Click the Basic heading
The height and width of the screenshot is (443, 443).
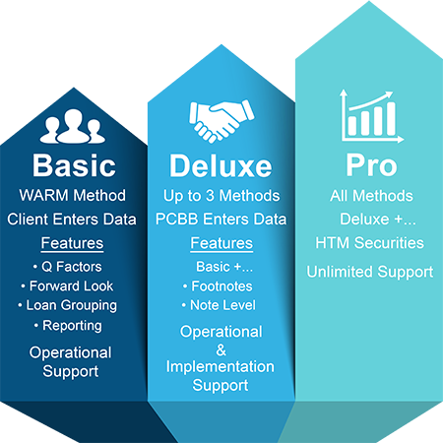point(74,165)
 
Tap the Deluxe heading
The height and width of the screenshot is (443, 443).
point(221,165)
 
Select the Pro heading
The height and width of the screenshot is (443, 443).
point(371,165)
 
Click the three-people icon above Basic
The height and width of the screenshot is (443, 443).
point(73,126)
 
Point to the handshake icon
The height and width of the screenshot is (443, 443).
point(221,121)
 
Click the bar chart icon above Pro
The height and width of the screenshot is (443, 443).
point(371,116)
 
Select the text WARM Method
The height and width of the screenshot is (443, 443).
point(73,195)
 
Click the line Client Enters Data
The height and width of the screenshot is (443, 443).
point(72,220)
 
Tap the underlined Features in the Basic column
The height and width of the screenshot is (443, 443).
point(72,243)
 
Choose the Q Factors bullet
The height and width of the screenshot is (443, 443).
point(68,267)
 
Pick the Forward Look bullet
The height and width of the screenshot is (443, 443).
point(67,286)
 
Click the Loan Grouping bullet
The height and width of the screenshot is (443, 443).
point(68,305)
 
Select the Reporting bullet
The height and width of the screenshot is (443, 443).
point(68,326)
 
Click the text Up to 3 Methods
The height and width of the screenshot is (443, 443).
point(221,196)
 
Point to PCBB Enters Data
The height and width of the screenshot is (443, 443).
point(221,220)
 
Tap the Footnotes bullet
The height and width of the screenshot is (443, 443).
point(218,286)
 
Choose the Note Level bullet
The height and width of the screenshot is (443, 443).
point(219,305)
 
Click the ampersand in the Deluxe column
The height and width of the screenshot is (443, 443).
point(221,350)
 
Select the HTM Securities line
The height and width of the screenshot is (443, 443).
point(370,243)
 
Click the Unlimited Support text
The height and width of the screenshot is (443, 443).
point(370,272)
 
